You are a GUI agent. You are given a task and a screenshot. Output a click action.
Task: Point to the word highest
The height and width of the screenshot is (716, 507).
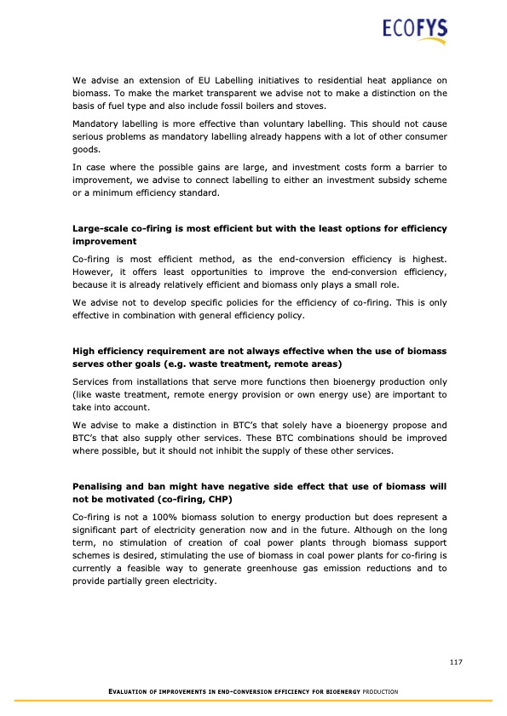425,256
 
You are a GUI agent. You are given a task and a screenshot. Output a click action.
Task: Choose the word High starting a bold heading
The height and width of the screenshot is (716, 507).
84,351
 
